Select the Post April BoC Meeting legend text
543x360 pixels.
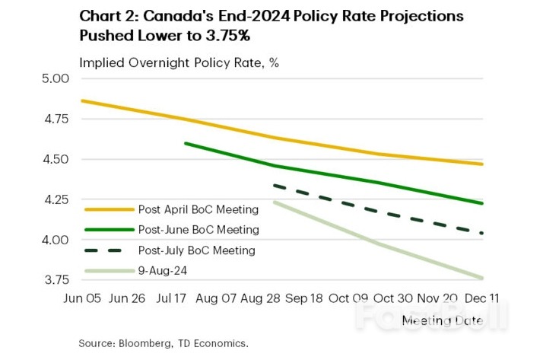(x=198, y=209)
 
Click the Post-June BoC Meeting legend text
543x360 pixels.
(x=198, y=229)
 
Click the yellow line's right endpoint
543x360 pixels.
(x=482, y=164)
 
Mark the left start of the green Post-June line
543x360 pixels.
(x=185, y=142)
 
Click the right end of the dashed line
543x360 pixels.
(x=482, y=233)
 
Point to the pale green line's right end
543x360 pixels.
(x=482, y=278)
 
